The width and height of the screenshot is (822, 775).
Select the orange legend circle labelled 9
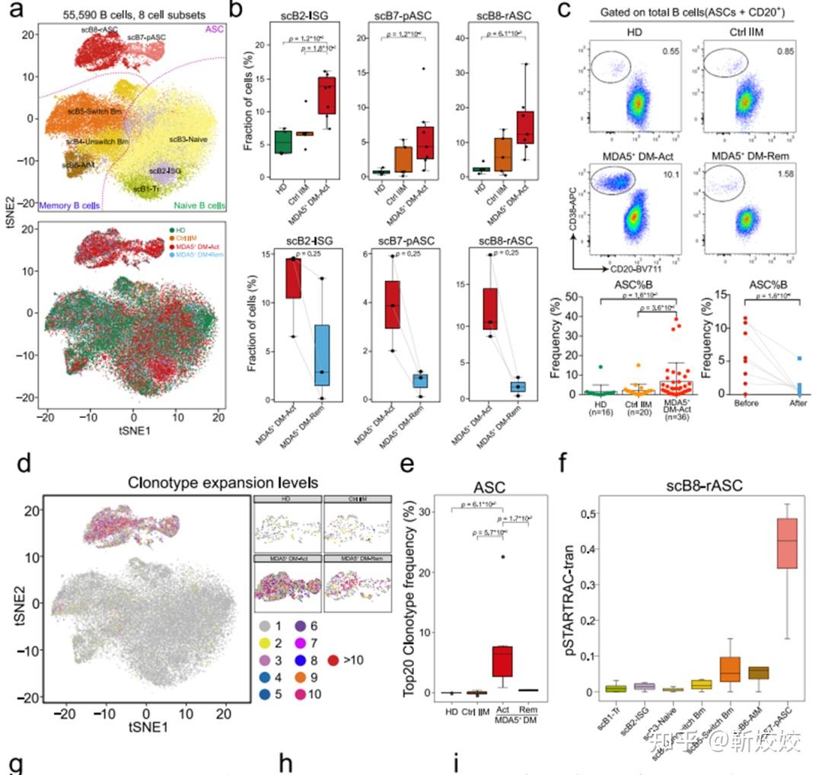pos(298,677)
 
